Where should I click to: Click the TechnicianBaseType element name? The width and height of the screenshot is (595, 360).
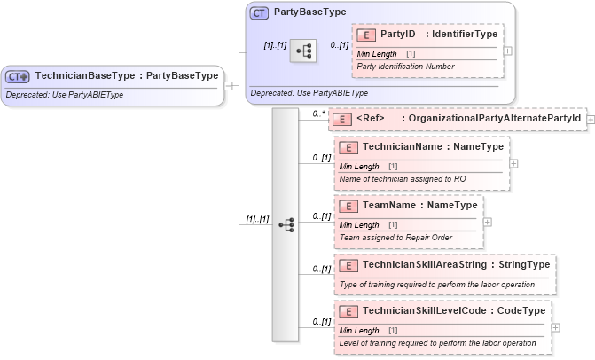pyautogui.click(x=126, y=76)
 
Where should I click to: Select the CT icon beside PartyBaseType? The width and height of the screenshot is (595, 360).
pyautogui.click(x=259, y=13)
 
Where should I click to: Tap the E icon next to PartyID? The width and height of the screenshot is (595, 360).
pyautogui.click(x=365, y=34)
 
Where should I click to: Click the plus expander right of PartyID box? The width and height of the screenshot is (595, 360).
pyautogui.click(x=507, y=51)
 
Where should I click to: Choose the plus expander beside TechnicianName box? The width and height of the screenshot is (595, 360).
pyautogui.click(x=514, y=163)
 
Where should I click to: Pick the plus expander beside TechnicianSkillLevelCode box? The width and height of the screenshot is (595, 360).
pyautogui.click(x=556, y=327)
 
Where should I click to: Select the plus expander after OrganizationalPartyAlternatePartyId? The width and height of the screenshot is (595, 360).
pyautogui.click(x=591, y=117)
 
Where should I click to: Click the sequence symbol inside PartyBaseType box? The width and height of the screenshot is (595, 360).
pyautogui.click(x=304, y=51)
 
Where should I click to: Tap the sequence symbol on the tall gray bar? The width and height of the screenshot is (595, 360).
pyautogui.click(x=286, y=225)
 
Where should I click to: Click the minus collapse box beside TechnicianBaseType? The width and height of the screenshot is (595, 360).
pyautogui.click(x=228, y=86)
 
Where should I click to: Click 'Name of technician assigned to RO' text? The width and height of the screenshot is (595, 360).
pyautogui.click(x=403, y=178)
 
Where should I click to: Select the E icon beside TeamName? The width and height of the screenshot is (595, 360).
pyautogui.click(x=349, y=205)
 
